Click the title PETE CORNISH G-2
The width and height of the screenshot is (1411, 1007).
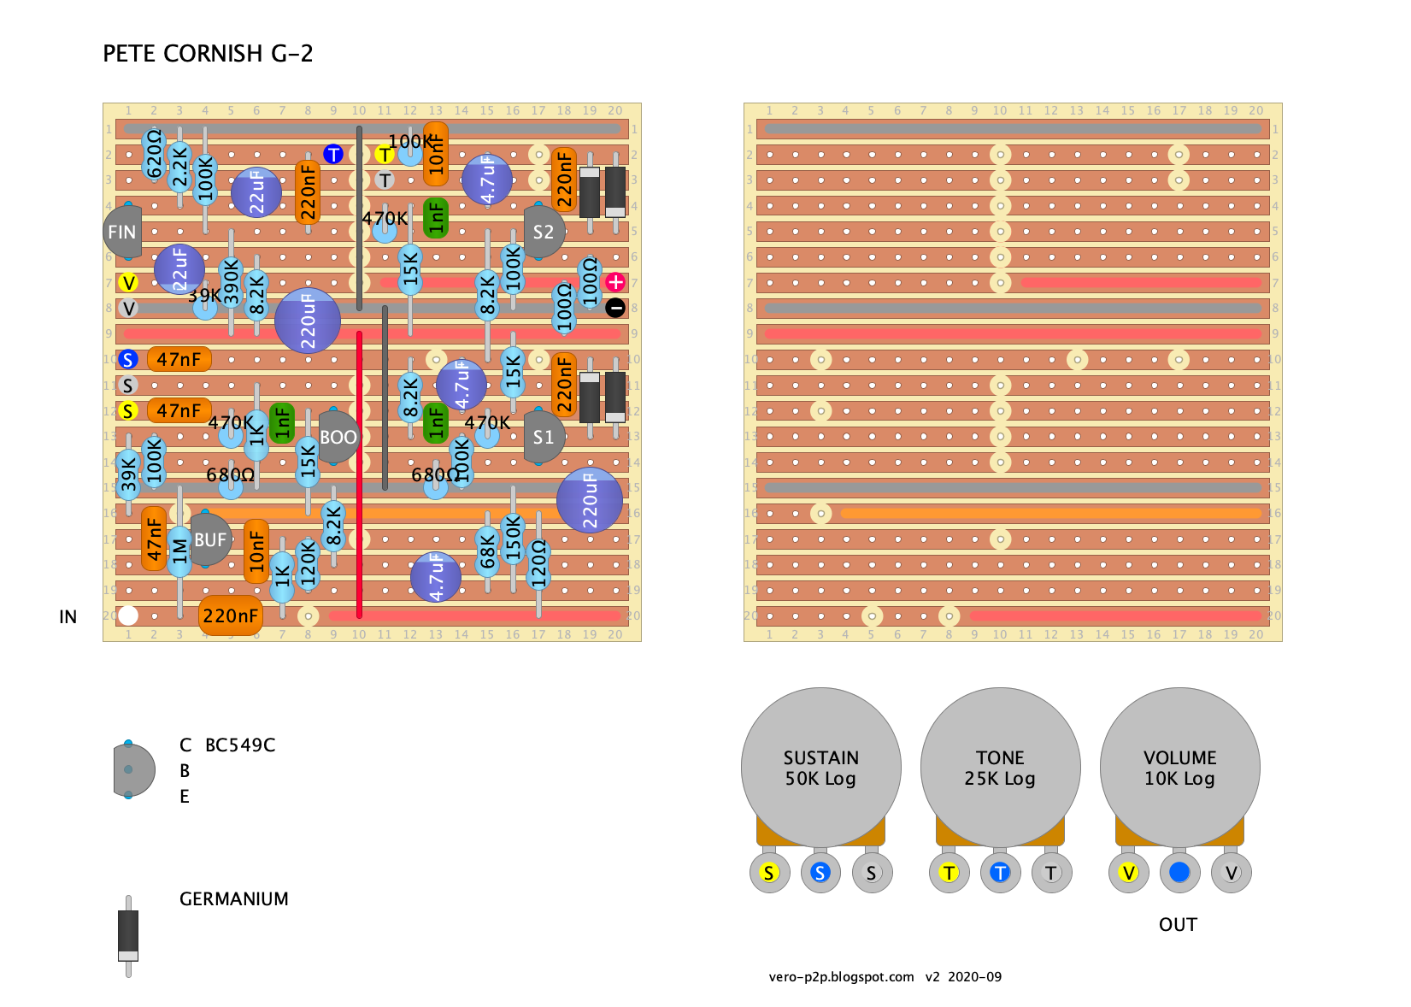point(208,54)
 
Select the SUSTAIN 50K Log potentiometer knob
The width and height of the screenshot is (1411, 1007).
point(820,767)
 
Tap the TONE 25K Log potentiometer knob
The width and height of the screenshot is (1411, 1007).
point(1000,767)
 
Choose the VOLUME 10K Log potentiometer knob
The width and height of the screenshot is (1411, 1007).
point(1179,767)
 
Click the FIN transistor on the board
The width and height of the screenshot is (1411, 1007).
point(122,232)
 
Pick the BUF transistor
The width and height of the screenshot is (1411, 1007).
point(209,539)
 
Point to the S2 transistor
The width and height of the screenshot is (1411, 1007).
point(544,232)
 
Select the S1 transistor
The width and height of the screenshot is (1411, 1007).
point(544,437)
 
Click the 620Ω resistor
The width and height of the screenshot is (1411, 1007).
point(154,154)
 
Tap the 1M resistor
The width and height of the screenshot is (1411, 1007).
point(179,551)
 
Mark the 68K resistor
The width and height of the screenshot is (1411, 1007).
point(487,551)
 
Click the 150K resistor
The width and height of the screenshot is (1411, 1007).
point(513,539)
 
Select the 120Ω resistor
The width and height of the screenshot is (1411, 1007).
point(538,564)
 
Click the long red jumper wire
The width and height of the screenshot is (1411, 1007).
point(359,474)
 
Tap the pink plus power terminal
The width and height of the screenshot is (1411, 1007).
point(615,282)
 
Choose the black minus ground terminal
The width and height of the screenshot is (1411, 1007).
point(615,308)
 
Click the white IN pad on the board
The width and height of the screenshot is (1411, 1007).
point(128,615)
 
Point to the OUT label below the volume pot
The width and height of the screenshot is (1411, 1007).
point(1178,925)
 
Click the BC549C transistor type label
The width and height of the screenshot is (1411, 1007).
point(240,745)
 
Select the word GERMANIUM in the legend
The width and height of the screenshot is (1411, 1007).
point(233,899)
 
